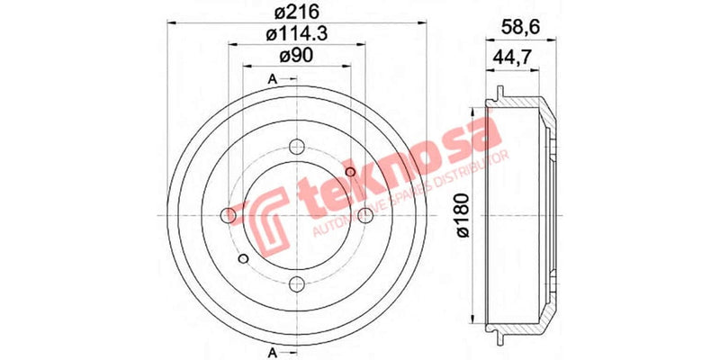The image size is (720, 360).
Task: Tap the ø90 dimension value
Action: pos(295,56)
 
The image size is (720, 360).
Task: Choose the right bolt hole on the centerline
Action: pos(364,216)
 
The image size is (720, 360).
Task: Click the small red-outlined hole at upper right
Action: pos(351,172)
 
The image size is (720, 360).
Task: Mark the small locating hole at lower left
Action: pos(243,259)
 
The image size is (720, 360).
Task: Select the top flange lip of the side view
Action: pos(497,94)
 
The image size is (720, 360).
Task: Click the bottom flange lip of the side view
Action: pos(497,337)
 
